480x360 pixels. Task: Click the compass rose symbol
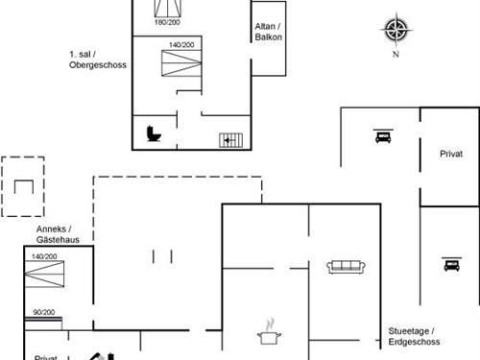395,30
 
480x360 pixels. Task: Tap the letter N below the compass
395,55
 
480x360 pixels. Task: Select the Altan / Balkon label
266,32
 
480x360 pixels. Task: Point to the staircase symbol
230,139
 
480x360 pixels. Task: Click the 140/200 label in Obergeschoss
181,45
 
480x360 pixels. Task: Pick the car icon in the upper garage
381,136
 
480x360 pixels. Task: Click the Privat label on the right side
450,154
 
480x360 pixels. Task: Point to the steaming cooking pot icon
268,332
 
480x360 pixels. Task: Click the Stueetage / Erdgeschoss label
414,335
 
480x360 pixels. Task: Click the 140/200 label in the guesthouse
44,257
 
